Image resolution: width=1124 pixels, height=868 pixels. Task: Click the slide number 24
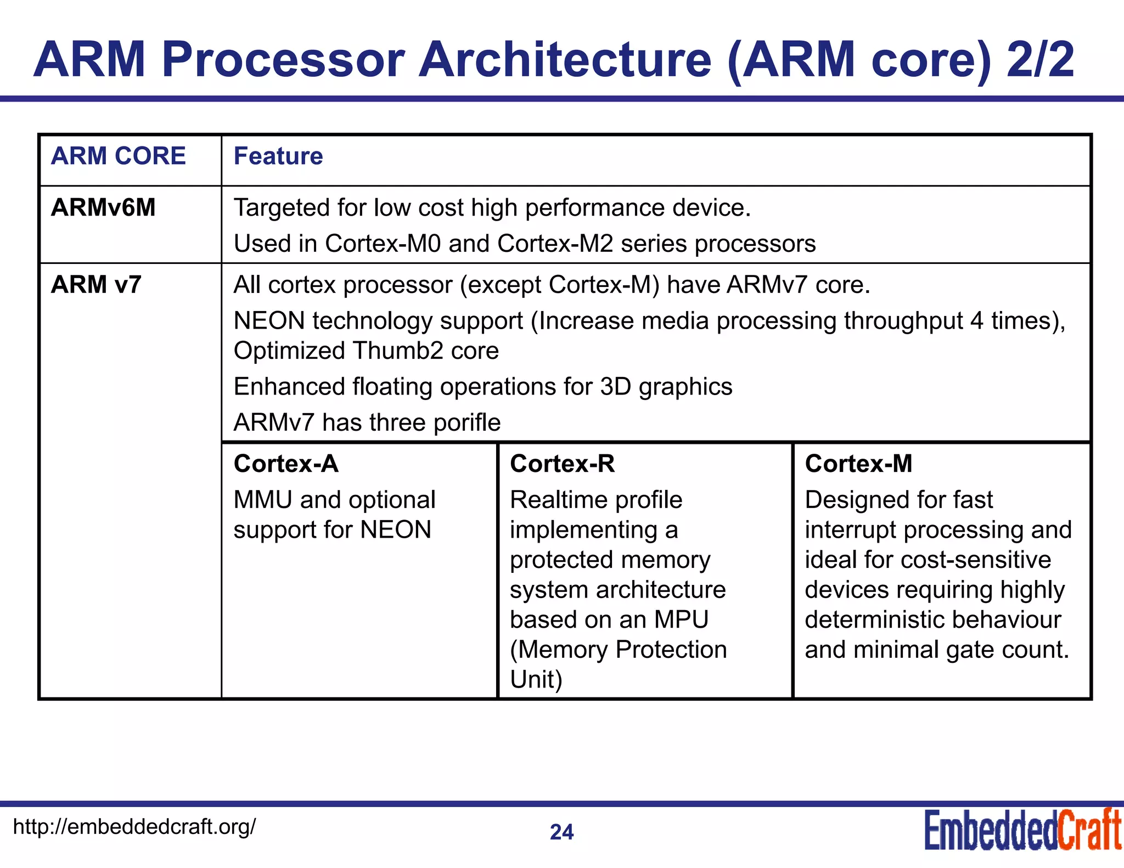coord(561,832)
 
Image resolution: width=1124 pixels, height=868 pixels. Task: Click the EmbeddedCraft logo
coord(1022,830)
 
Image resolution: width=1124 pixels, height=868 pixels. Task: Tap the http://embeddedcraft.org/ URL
coord(134,826)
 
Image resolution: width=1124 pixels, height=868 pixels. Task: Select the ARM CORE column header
coord(118,156)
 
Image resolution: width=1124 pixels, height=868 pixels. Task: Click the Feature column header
coord(278,156)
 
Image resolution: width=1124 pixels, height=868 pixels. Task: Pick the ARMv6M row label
coord(103,207)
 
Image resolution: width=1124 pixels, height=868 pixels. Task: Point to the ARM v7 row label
coord(96,284)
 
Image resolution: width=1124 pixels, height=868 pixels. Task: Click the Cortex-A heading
coord(286,464)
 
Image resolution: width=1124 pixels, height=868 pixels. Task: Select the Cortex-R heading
coord(562,464)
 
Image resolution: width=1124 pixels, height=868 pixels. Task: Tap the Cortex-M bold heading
coord(858,464)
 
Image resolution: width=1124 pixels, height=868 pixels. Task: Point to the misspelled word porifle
coord(467,422)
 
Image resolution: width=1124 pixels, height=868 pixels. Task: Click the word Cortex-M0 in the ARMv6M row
coord(383,244)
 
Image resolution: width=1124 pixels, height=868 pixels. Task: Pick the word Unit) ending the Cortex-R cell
coord(536,679)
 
